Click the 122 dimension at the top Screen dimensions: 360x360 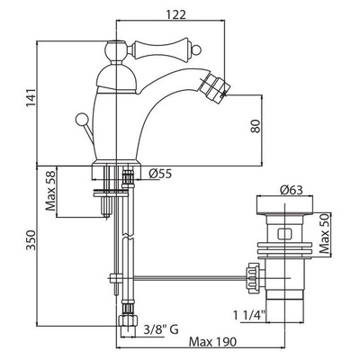(175, 14)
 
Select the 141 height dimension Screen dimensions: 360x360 (31, 98)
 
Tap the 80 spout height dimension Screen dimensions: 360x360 (256, 126)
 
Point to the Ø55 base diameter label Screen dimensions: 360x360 (160, 174)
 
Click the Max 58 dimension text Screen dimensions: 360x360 (50, 191)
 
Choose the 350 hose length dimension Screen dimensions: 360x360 (31, 240)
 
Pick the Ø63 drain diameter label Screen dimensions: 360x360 (291, 190)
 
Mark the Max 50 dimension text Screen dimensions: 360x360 (324, 235)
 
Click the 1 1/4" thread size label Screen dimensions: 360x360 (249, 315)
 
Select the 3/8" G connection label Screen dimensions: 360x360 (161, 330)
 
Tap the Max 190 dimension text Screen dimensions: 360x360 (212, 341)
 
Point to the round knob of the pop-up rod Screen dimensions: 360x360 (81, 119)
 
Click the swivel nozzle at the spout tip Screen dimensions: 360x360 (217, 86)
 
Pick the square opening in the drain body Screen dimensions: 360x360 (284, 234)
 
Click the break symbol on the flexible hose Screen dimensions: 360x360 (128, 236)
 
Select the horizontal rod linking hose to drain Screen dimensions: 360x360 (190, 277)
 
